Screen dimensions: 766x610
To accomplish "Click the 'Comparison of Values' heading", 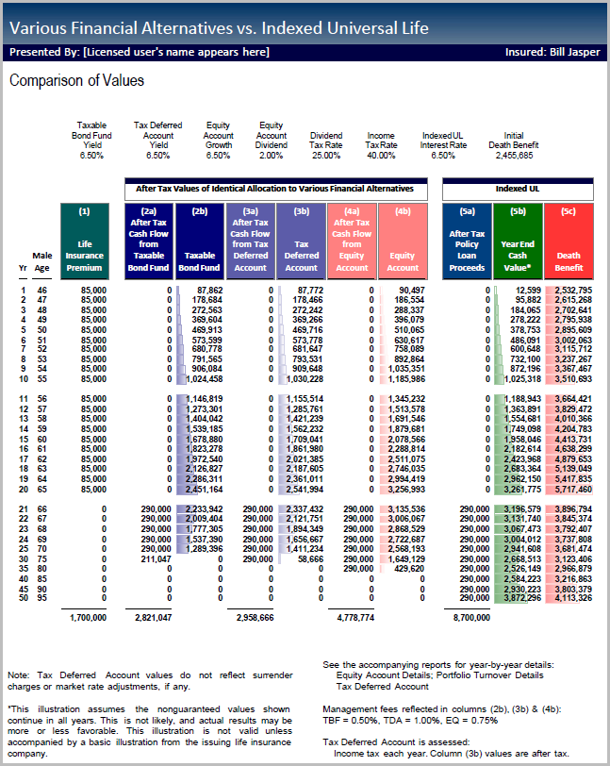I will [76, 81].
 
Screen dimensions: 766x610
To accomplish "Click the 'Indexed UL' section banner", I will [518, 189].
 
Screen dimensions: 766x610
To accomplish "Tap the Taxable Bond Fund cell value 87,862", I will [206, 290].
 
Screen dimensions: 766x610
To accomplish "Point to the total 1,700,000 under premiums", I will [86, 618].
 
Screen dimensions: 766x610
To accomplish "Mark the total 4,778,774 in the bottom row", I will [354, 618].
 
